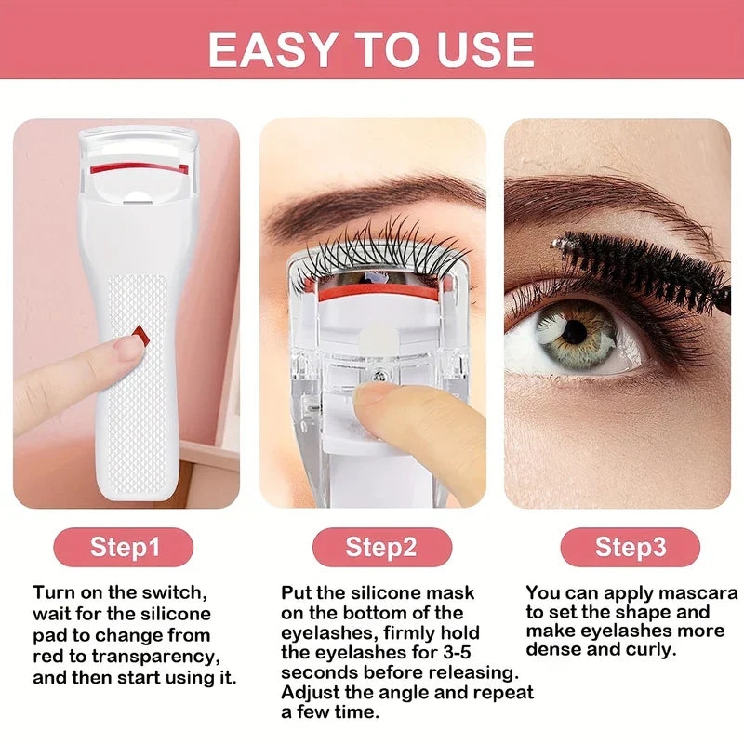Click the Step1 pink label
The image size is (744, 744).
[126, 547]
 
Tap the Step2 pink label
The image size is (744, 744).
[381, 547]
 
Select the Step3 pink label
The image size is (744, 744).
[631, 547]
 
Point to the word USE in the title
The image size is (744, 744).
[481, 48]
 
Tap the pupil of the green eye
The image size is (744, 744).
[574, 331]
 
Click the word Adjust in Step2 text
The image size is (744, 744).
[311, 692]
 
